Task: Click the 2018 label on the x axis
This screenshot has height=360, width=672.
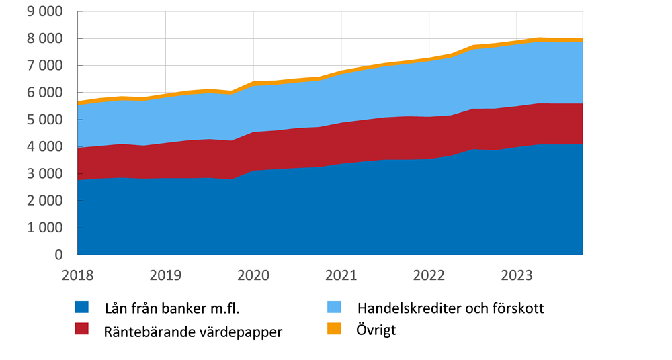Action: point(77,275)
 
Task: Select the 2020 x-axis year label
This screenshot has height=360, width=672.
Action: point(253,275)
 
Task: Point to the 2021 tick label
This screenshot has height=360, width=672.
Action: point(341,275)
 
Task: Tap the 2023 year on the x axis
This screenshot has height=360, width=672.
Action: point(517,275)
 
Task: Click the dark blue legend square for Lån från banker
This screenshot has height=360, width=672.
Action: point(81,308)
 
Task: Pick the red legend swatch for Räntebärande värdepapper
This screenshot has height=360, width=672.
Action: point(81,329)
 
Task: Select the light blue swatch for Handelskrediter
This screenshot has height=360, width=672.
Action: point(333,308)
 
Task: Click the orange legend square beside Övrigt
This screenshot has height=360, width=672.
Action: point(333,329)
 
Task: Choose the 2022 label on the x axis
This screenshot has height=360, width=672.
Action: point(429,275)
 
